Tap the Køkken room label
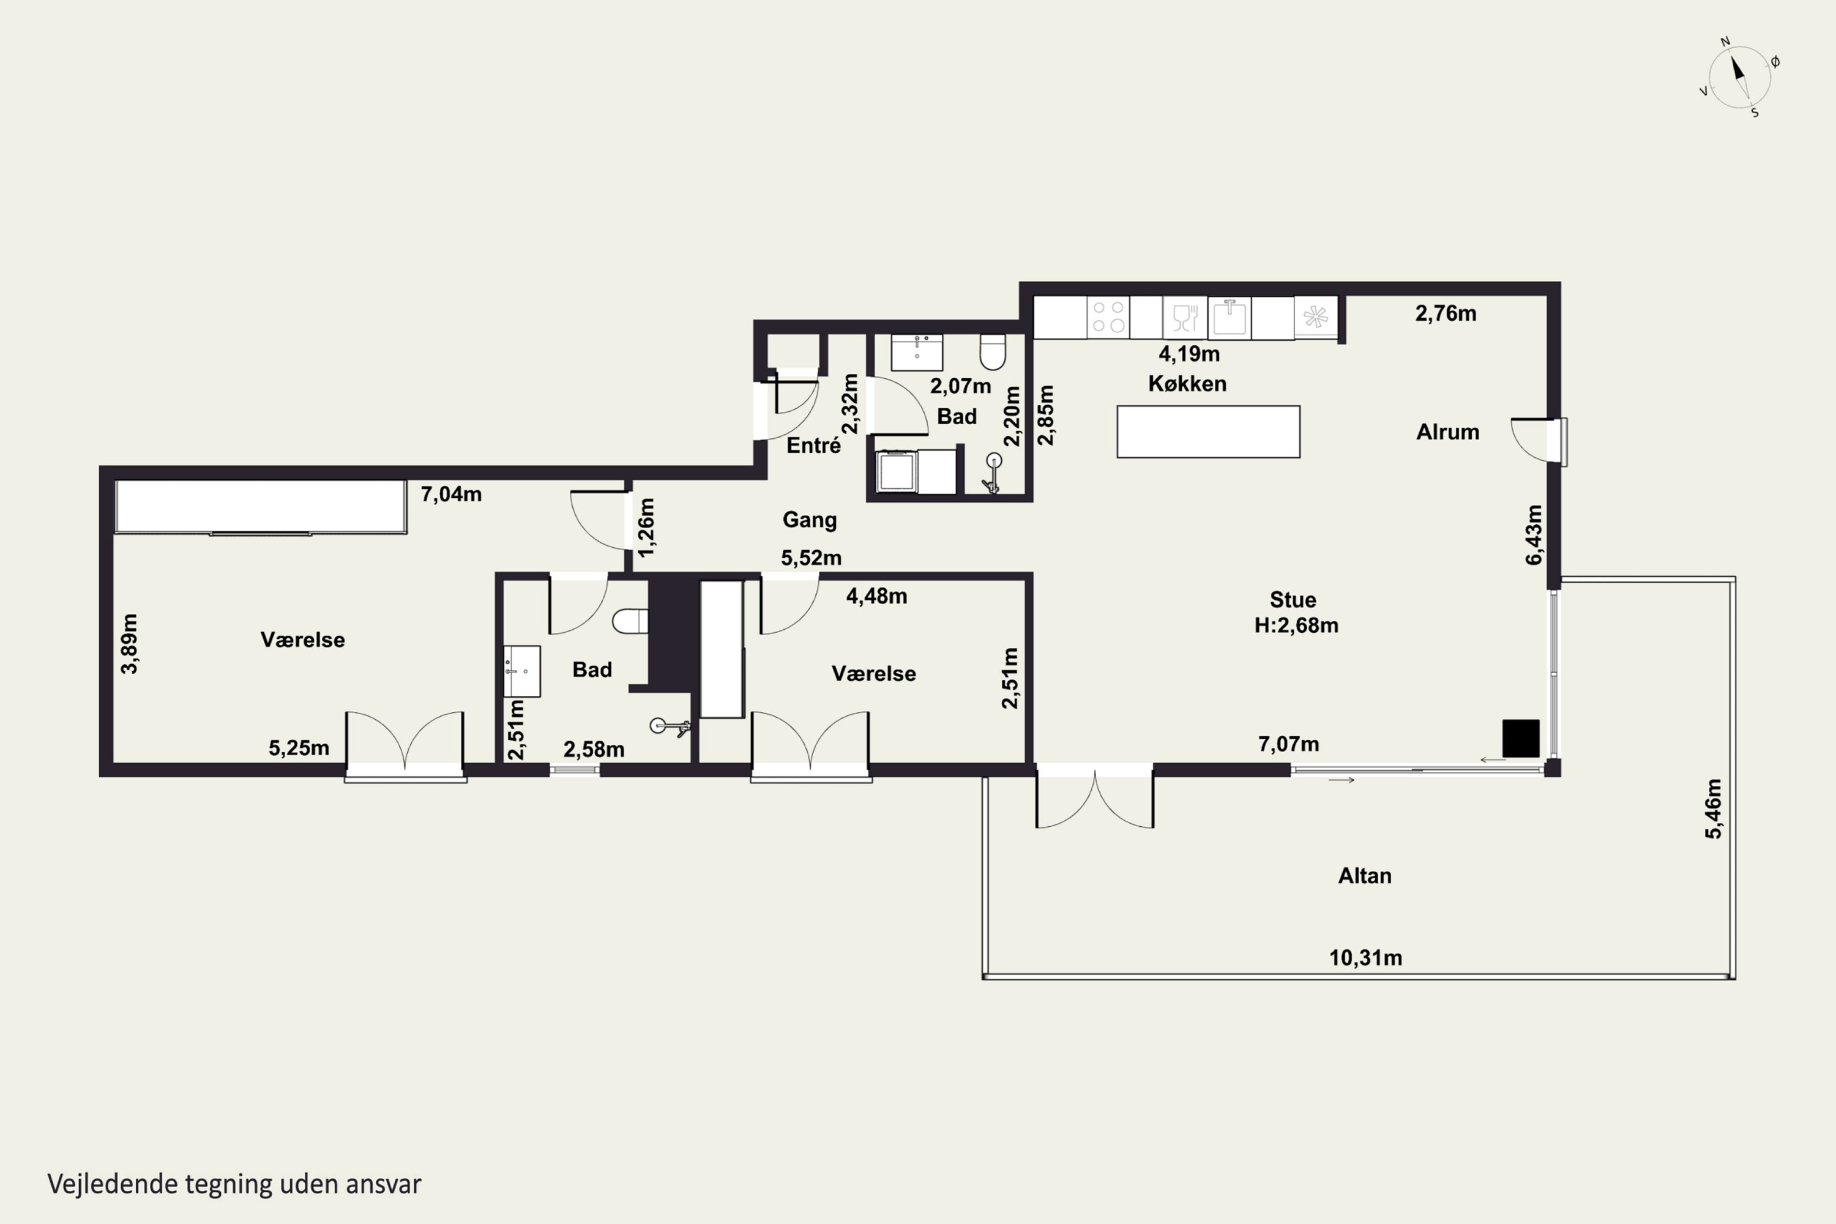(1187, 383)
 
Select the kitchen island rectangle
(1208, 431)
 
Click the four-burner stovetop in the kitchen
(1108, 317)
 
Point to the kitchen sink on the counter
(1230, 317)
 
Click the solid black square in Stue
(1521, 739)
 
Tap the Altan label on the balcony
(1365, 876)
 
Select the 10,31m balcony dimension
(1365, 958)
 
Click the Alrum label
(1447, 431)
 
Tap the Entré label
(813, 445)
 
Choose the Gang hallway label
(810, 520)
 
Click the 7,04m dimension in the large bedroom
(451, 494)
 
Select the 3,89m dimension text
(130, 643)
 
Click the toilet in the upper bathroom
(992, 352)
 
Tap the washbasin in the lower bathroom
(521, 671)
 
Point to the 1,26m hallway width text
(646, 528)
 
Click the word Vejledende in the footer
(113, 1184)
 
